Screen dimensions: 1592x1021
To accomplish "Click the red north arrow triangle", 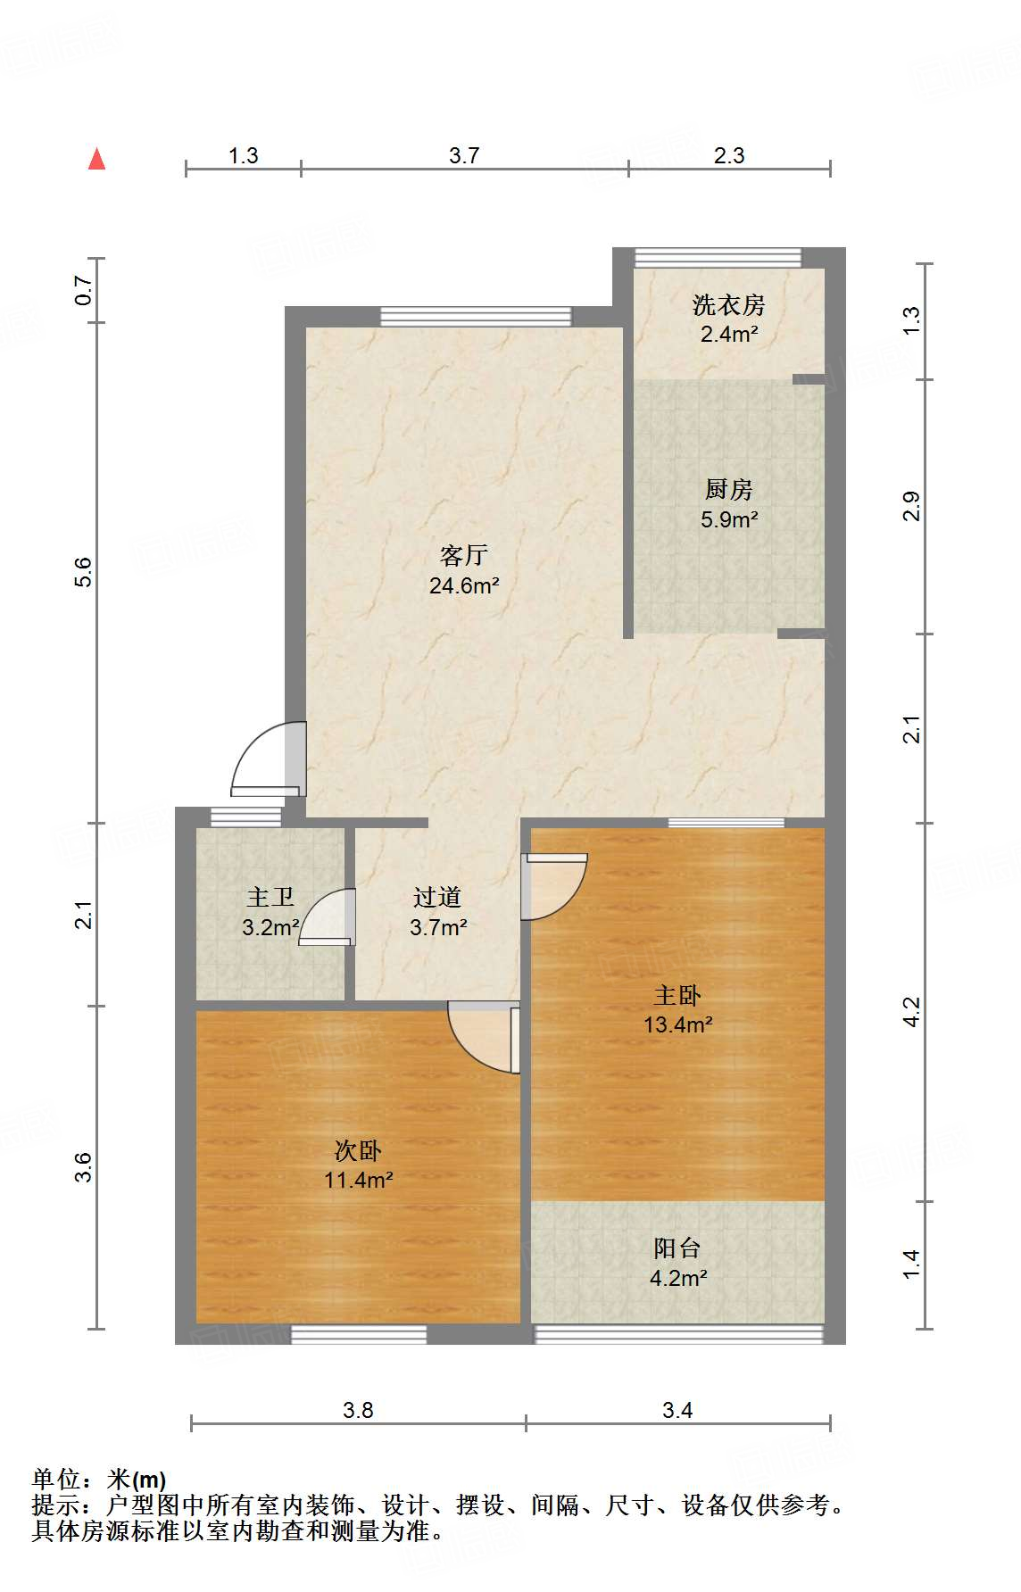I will [x=96, y=159].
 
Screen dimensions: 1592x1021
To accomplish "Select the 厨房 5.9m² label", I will [x=728, y=504].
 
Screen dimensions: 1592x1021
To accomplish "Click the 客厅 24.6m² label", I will [x=463, y=570].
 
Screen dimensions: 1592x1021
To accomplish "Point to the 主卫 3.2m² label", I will [x=270, y=911].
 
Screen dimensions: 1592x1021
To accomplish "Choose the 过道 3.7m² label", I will [x=437, y=912].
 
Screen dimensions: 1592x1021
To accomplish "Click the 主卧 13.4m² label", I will [x=677, y=1009].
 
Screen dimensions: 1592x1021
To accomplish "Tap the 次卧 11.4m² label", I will [x=358, y=1165].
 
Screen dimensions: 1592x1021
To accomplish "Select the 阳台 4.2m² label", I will [x=677, y=1263].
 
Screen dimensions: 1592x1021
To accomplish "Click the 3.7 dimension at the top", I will [x=464, y=155].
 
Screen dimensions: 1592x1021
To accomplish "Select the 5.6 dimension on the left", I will [x=83, y=572].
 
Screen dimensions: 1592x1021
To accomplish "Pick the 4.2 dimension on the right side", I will [x=911, y=1011].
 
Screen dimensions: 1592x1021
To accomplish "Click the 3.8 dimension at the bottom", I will [x=358, y=1410].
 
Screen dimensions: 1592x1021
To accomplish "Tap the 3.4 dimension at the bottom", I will [x=677, y=1410].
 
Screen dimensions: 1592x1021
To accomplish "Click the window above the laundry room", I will [x=718, y=257].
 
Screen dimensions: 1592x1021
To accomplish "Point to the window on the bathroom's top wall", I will [x=245, y=816].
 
